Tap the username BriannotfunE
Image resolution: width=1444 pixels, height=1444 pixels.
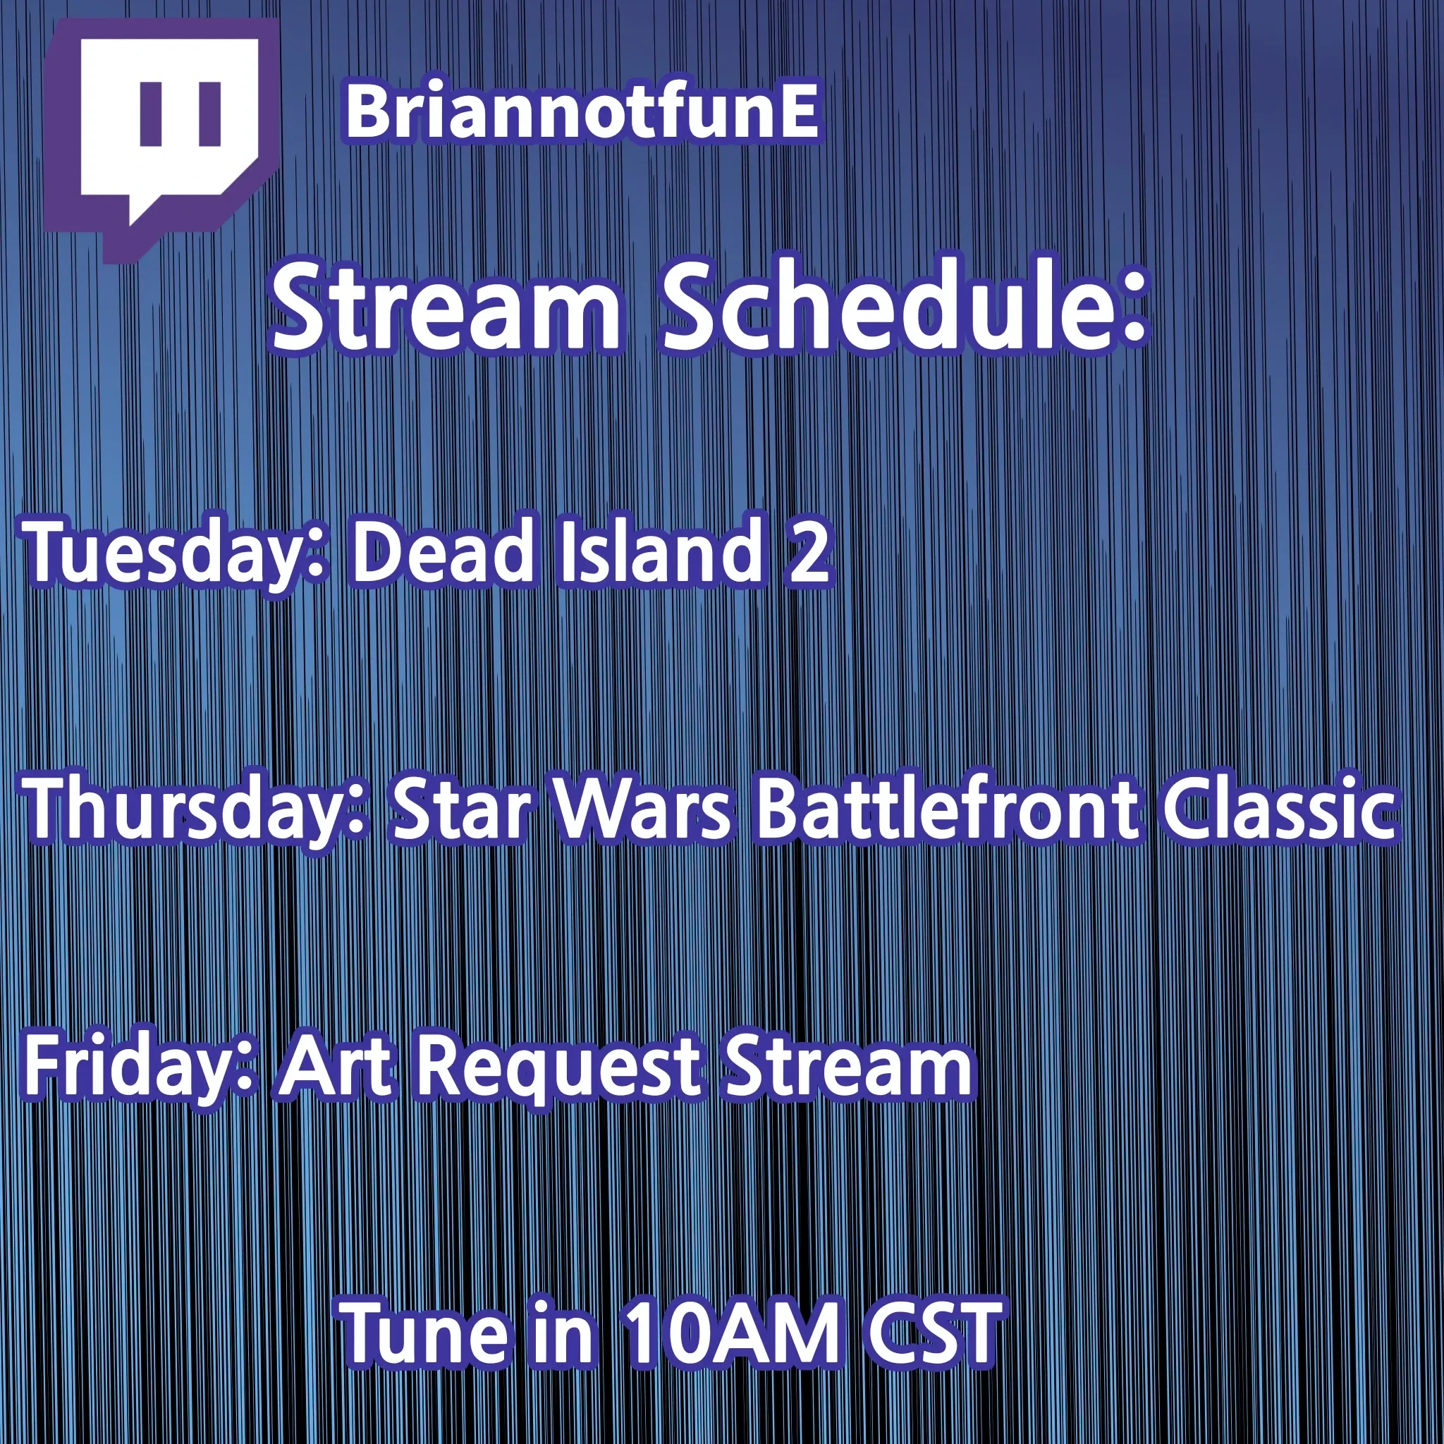click(x=582, y=114)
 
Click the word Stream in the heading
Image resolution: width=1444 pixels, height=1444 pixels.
click(x=446, y=307)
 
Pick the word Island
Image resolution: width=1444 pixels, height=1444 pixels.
click(x=660, y=551)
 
